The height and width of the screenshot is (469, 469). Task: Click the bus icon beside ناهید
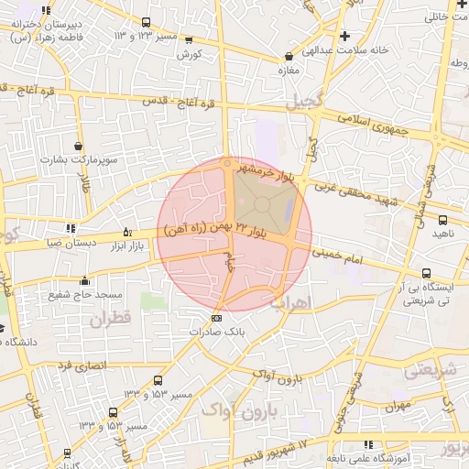coord(442,220)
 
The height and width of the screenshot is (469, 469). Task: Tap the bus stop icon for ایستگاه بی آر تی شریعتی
coord(427,273)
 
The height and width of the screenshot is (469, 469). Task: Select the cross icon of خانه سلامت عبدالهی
coord(344,36)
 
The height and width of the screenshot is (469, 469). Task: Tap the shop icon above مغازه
coord(289,56)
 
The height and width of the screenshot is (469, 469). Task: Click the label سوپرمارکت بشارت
coord(80,159)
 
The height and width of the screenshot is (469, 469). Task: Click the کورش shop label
coord(189,54)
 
